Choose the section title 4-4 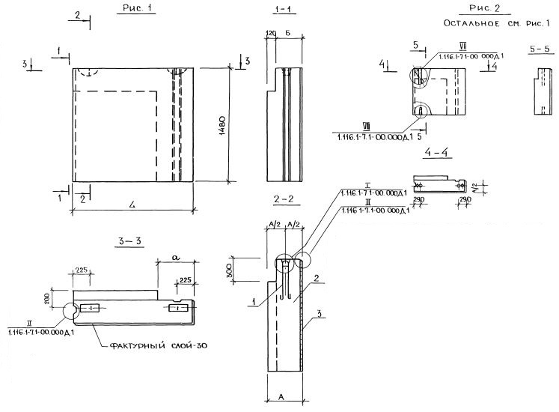point(436,153)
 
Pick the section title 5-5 point(537,49)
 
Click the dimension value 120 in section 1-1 point(271,34)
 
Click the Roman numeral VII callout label point(442,46)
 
